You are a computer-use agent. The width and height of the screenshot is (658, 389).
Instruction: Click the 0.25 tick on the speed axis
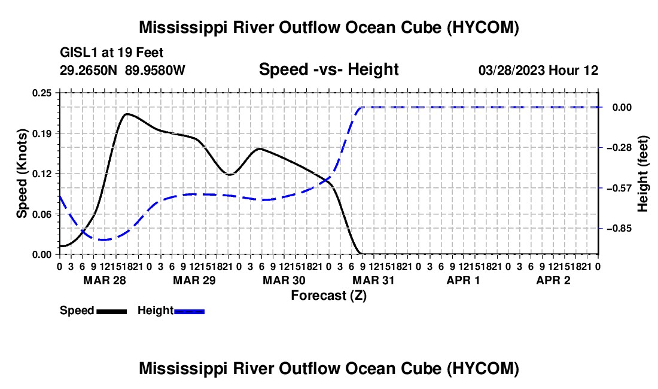tap(41, 93)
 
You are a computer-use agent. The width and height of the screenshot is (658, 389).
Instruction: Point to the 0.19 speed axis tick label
tap(41, 133)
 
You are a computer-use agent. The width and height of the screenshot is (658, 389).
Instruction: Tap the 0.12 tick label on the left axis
tap(41, 174)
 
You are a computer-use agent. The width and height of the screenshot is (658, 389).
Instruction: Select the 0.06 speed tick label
tap(41, 214)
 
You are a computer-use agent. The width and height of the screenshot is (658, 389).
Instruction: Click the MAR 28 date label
tap(105, 280)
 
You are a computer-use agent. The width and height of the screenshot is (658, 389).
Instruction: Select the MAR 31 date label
tap(373, 280)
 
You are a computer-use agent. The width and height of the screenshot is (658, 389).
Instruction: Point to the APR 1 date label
tap(463, 280)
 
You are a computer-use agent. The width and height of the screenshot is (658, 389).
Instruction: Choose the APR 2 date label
tap(553, 280)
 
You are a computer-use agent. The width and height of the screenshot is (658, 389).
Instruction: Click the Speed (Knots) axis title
tap(22, 174)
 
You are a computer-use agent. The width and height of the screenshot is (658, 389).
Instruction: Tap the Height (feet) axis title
tap(643, 174)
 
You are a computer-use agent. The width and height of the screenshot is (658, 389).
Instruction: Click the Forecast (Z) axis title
tap(329, 296)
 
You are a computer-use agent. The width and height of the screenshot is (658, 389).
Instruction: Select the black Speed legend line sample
tap(112, 311)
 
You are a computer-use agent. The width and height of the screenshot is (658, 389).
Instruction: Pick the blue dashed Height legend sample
tap(189, 311)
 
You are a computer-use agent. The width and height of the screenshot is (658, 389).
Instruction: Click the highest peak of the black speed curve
tap(127, 114)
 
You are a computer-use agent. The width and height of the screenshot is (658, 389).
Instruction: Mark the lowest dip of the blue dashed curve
tap(103, 240)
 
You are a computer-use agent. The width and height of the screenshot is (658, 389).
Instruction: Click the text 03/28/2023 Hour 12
tap(538, 70)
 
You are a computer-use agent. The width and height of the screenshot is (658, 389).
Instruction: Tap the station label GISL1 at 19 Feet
tap(112, 53)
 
